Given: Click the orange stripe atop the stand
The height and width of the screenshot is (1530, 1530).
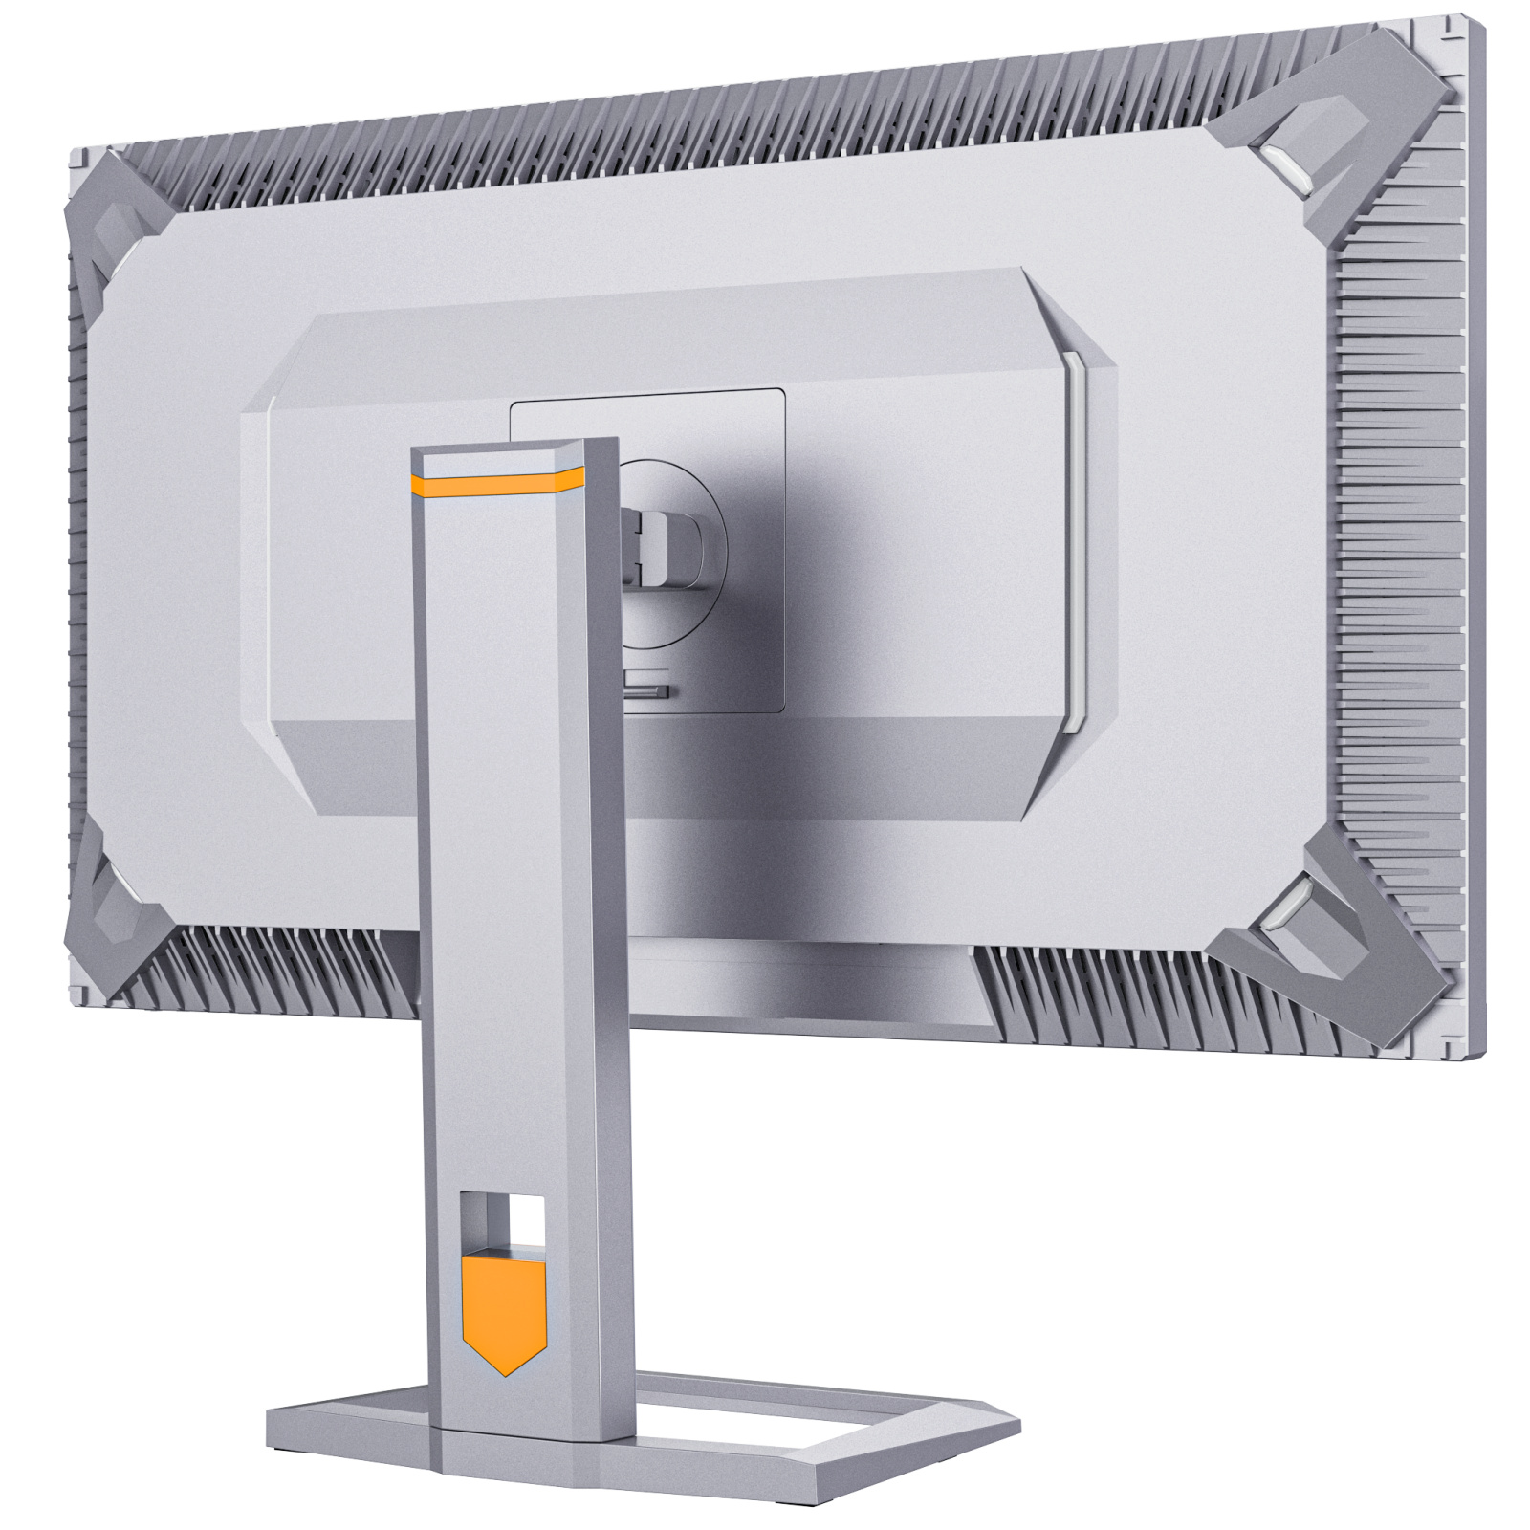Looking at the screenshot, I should point(497,485).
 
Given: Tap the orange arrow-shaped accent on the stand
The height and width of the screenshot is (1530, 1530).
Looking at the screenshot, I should point(504,1313).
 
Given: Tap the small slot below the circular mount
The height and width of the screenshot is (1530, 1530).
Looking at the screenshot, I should point(648,688).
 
